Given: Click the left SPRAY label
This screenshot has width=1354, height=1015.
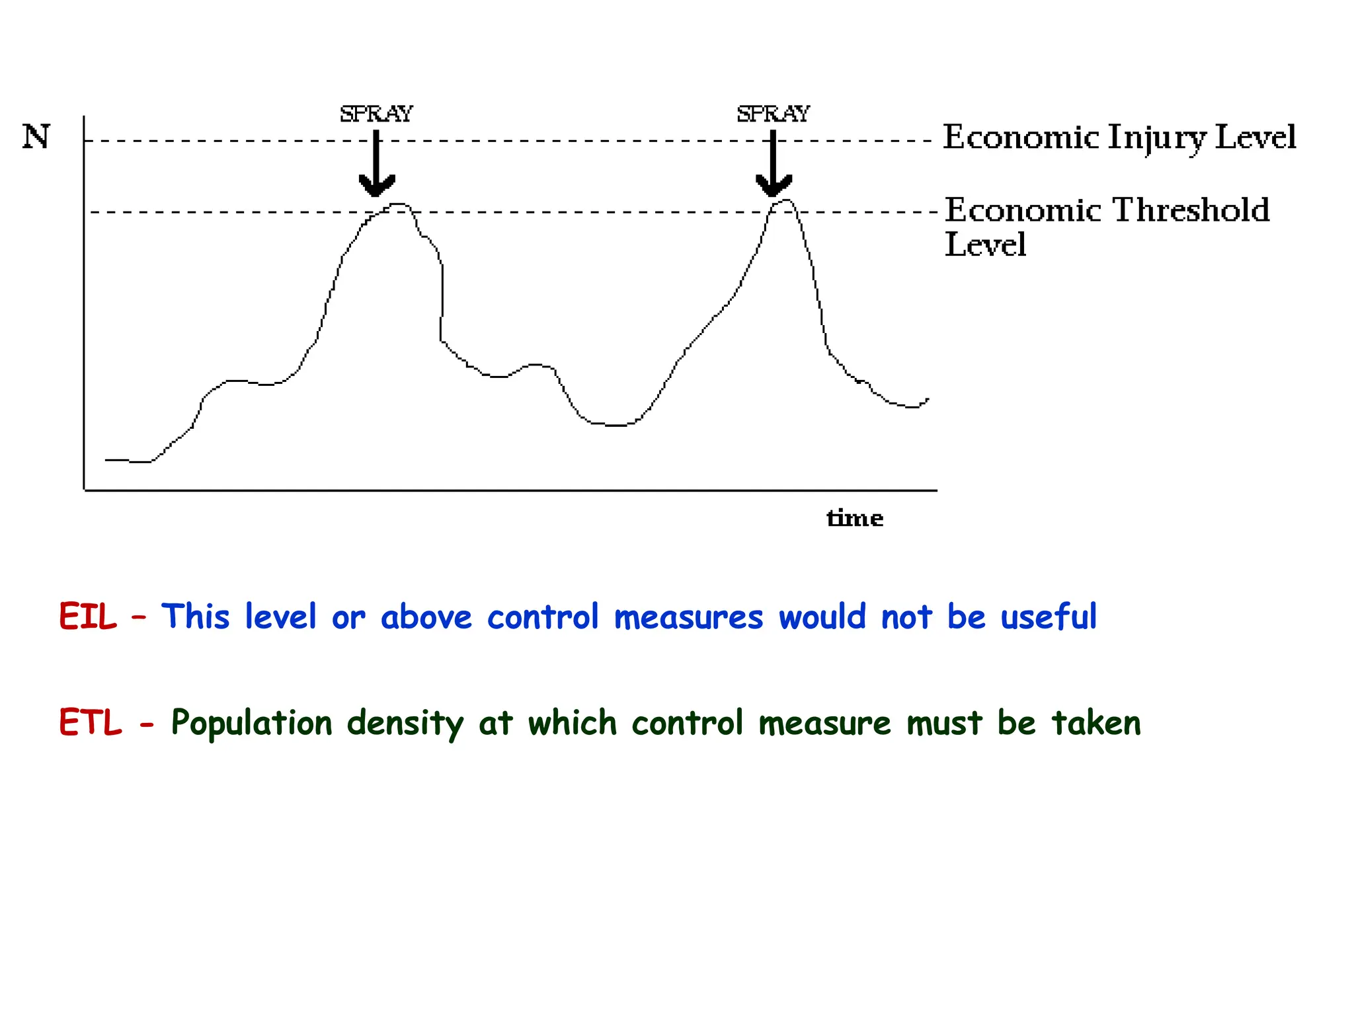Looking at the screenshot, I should (376, 114).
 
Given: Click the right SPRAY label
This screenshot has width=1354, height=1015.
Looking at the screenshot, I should (773, 114).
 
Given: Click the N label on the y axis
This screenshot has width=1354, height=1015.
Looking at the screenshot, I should (36, 137).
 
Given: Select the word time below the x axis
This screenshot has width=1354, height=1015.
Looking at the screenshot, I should (855, 518).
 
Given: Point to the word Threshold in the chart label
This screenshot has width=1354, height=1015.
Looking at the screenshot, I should (1191, 210).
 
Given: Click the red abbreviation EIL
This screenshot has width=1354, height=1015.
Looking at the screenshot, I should (87, 617).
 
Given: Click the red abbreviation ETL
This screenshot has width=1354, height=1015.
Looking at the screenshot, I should (91, 722).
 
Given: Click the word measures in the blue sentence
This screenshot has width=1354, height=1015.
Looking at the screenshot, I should (688, 618).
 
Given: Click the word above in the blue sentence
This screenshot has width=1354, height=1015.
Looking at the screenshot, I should (426, 617).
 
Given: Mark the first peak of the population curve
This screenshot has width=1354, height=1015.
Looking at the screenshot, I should (398, 205).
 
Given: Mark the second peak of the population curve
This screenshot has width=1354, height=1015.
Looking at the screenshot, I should (785, 200).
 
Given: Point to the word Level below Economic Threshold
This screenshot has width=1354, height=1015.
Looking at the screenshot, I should (985, 244).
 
